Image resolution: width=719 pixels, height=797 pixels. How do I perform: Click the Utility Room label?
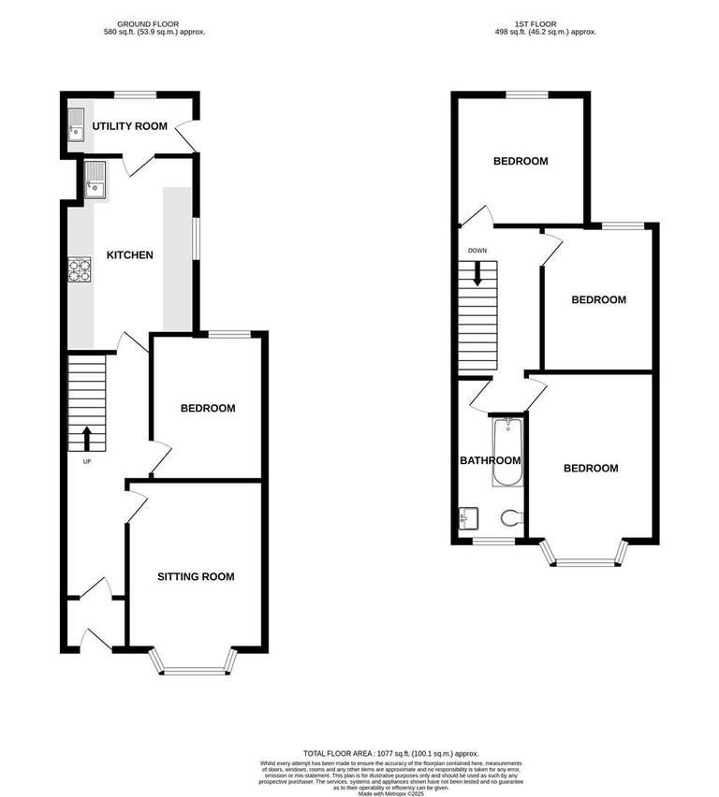pos(129,125)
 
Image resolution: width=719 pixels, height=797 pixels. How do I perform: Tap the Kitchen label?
pos(129,254)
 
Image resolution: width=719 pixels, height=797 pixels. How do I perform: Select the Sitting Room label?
pos(195,576)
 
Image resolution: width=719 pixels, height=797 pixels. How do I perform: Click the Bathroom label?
pos(490,460)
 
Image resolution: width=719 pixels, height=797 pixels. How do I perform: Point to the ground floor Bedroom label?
pos(207,408)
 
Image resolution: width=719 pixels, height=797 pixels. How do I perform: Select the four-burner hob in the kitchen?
pos(79,269)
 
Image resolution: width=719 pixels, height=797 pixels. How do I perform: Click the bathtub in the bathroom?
pos(506,452)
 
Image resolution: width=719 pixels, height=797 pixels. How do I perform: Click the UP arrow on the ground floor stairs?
pos(87,437)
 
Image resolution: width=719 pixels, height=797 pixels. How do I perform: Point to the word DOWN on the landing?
pos(477,251)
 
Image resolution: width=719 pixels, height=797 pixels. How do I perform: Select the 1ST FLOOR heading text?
pos(546,22)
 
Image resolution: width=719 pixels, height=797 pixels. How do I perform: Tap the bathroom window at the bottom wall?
pos(492,541)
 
